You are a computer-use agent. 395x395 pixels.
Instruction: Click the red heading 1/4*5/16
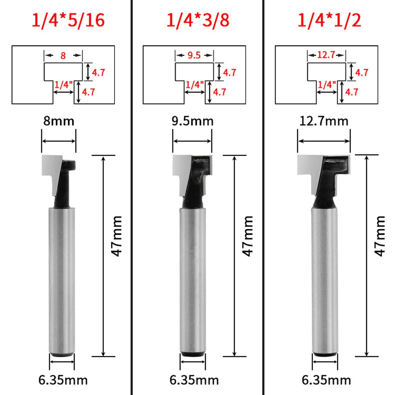pos(68,20)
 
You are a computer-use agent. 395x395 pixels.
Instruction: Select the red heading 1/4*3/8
pos(198,20)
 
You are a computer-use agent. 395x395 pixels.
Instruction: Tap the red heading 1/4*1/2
pos(329,20)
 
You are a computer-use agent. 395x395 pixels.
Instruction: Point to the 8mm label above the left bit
pos(59,121)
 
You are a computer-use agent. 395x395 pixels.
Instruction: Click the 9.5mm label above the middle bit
pos(192,121)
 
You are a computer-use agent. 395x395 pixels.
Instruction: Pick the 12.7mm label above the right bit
pos(324,121)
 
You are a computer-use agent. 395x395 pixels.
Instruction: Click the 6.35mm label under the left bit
pos(63,380)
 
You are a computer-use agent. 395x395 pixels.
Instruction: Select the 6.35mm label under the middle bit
pos(194,380)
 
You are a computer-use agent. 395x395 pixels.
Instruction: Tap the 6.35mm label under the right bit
pos(327,380)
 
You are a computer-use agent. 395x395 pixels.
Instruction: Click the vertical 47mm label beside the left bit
pos(117,236)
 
